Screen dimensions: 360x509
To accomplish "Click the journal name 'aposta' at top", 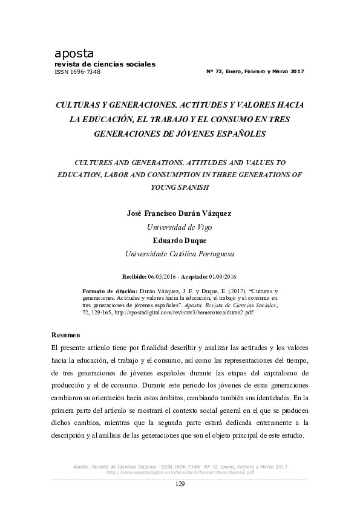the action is pyautogui.click(x=74, y=54).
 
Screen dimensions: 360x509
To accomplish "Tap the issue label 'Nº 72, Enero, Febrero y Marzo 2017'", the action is pyautogui.click(x=255, y=71).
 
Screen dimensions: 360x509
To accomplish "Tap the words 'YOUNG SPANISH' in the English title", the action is pyautogui.click(x=180, y=187).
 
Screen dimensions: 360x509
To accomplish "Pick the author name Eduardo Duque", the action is pyautogui.click(x=180, y=241).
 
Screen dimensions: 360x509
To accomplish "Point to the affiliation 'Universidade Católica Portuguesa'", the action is pyautogui.click(x=180, y=254).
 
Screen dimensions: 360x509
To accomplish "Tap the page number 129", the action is pyautogui.click(x=180, y=484).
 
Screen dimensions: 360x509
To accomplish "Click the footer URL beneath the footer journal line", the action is pyautogui.click(x=180, y=472).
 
